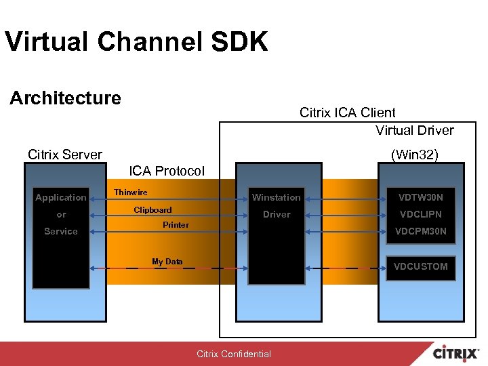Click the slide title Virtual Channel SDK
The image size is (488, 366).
136,41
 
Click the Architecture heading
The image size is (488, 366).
65,98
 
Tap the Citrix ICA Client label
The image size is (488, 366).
347,113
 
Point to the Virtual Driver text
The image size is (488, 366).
414,130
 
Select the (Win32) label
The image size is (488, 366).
415,155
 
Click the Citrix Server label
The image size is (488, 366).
65,155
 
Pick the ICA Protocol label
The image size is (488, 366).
166,171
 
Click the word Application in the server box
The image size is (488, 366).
61,197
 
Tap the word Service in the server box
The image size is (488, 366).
61,231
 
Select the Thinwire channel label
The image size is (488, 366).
130,192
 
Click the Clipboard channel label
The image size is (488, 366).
152,209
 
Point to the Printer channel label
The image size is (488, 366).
176,224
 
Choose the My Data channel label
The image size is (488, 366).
167,261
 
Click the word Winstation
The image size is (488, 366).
276,197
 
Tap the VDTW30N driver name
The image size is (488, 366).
420,197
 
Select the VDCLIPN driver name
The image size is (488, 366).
420,214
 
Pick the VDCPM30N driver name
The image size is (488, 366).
420,231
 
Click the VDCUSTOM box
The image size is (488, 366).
420,266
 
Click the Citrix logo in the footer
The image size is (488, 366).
457,354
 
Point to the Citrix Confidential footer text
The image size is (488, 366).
233,354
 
